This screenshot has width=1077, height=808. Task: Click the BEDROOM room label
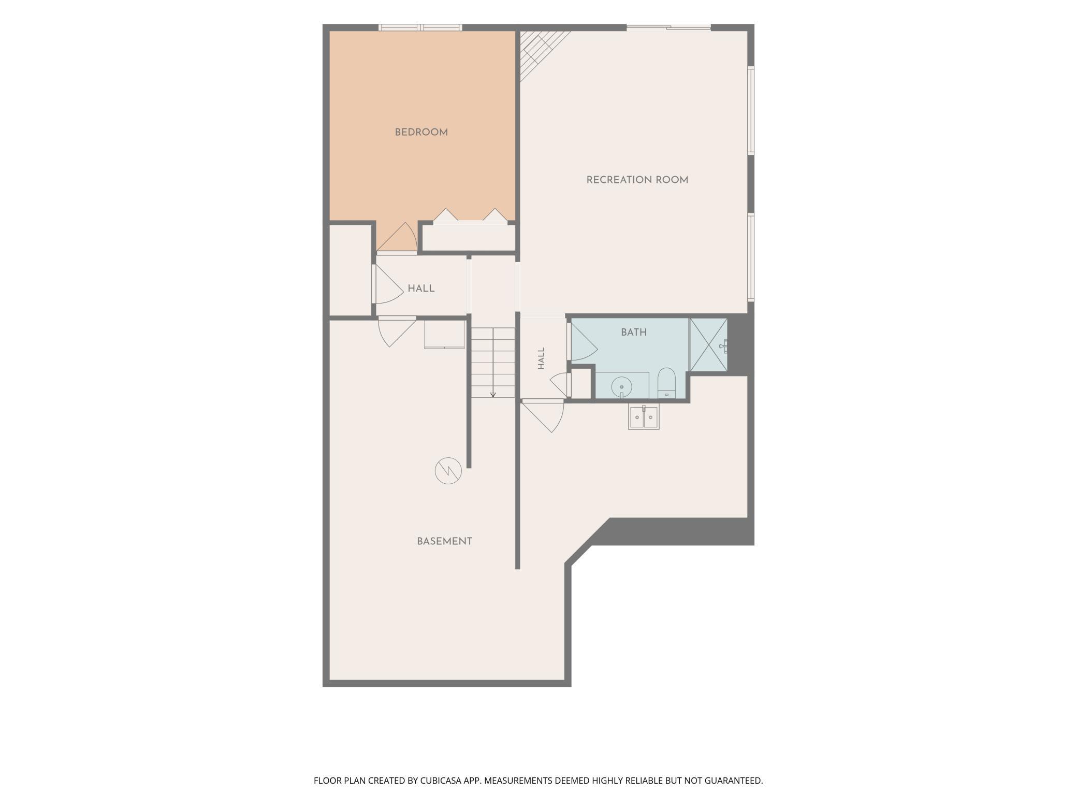click(421, 133)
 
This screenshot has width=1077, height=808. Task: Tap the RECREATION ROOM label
click(637, 180)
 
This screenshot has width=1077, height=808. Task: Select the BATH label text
click(634, 333)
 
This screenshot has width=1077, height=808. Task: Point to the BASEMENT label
click(444, 541)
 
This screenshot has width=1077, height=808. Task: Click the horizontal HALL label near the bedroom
click(421, 288)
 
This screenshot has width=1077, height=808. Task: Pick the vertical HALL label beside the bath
click(541, 358)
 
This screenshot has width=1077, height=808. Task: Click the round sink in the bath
click(621, 386)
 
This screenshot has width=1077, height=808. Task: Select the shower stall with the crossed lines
click(708, 344)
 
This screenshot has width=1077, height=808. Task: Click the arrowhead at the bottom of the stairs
click(493, 395)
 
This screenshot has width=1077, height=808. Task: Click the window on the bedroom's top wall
click(420, 27)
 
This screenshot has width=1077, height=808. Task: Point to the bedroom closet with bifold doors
click(469, 237)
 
